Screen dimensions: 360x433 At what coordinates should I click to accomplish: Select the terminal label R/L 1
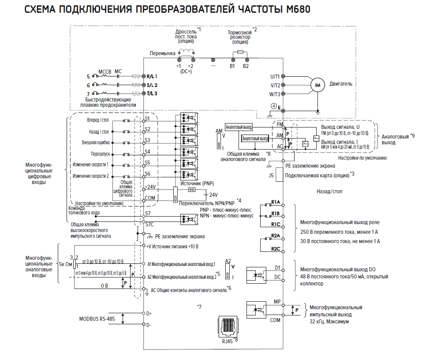pyautogui.click(x=153, y=76)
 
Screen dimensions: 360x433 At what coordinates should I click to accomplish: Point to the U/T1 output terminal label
pyautogui.click(x=275, y=76)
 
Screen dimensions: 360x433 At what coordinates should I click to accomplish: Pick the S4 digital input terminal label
pyautogui.click(x=148, y=152)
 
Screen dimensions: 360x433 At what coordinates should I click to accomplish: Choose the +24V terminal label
pyautogui.click(x=150, y=186)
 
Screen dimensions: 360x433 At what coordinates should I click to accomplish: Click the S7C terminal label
pyautogui.click(x=149, y=224)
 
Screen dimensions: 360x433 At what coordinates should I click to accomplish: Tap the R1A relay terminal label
pyautogui.click(x=276, y=202)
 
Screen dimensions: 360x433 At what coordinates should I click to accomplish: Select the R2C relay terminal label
pyautogui.click(x=276, y=249)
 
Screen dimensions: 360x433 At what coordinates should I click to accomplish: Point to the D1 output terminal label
pyautogui.click(x=277, y=267)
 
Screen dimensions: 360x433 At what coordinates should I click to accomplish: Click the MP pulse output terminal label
pyautogui.click(x=277, y=302)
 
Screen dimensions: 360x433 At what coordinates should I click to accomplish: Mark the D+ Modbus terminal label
pyautogui.click(x=149, y=314)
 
